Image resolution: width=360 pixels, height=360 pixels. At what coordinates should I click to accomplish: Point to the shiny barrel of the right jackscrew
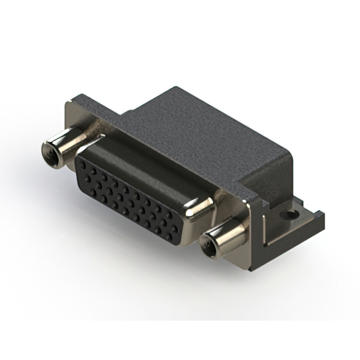pyautogui.click(x=228, y=235)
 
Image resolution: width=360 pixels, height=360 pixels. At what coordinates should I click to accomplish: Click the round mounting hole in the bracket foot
pyautogui.click(x=291, y=215)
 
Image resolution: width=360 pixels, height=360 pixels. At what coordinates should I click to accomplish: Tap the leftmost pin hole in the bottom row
pyautogui.click(x=93, y=192)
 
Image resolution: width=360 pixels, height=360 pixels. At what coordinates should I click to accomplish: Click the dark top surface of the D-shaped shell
pyautogui.click(x=141, y=163)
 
